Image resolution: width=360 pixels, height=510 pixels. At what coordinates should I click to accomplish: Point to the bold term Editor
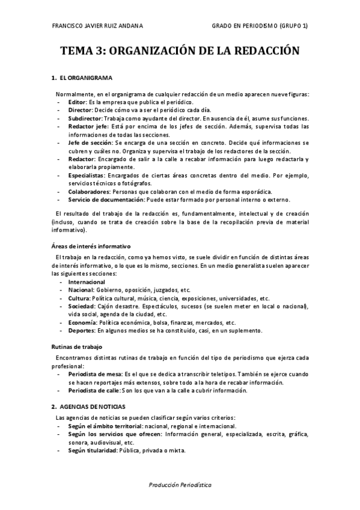tap(78, 103)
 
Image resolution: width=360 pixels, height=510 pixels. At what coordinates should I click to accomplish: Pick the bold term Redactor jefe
tap(88, 127)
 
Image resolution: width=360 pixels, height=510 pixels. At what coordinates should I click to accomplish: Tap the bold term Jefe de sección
tap(90, 143)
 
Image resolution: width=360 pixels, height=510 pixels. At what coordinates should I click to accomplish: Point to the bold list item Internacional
tap(87, 281)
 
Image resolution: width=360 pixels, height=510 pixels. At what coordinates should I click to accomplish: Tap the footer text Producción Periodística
tap(180, 484)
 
